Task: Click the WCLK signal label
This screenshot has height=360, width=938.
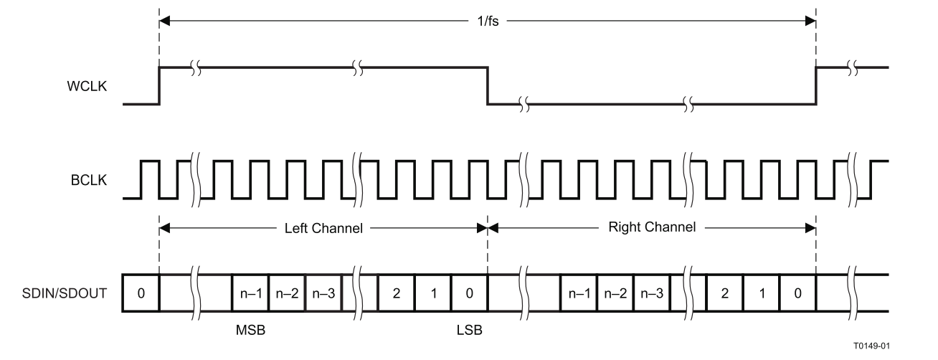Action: click(x=87, y=86)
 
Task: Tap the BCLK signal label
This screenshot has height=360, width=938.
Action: click(x=88, y=180)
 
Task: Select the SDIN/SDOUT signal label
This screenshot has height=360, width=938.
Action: click(x=65, y=293)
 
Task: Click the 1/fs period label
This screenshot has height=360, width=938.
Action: click(x=488, y=21)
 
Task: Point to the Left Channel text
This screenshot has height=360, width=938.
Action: click(x=323, y=228)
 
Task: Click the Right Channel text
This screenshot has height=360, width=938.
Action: click(x=652, y=227)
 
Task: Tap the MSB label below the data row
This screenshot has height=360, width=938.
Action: click(x=250, y=331)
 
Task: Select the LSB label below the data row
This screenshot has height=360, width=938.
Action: click(x=469, y=331)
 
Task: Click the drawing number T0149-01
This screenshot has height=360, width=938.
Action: click(x=872, y=346)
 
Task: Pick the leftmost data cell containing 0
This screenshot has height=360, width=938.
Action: click(x=141, y=293)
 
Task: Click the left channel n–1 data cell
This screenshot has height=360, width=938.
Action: click(x=250, y=293)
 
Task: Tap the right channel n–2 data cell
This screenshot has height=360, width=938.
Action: click(x=615, y=293)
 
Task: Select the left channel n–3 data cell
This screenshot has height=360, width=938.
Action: click(x=323, y=293)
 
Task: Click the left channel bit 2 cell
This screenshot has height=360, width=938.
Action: click(x=396, y=293)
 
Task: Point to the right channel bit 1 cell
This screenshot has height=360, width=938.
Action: click(x=762, y=293)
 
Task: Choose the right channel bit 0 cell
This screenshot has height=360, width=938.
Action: click(x=797, y=293)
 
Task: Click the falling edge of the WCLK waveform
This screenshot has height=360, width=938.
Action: click(x=488, y=85)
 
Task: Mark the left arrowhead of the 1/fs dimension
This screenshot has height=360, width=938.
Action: click(x=164, y=21)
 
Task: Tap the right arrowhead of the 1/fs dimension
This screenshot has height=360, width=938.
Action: click(x=810, y=21)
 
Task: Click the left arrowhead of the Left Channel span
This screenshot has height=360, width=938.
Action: click(x=164, y=228)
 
